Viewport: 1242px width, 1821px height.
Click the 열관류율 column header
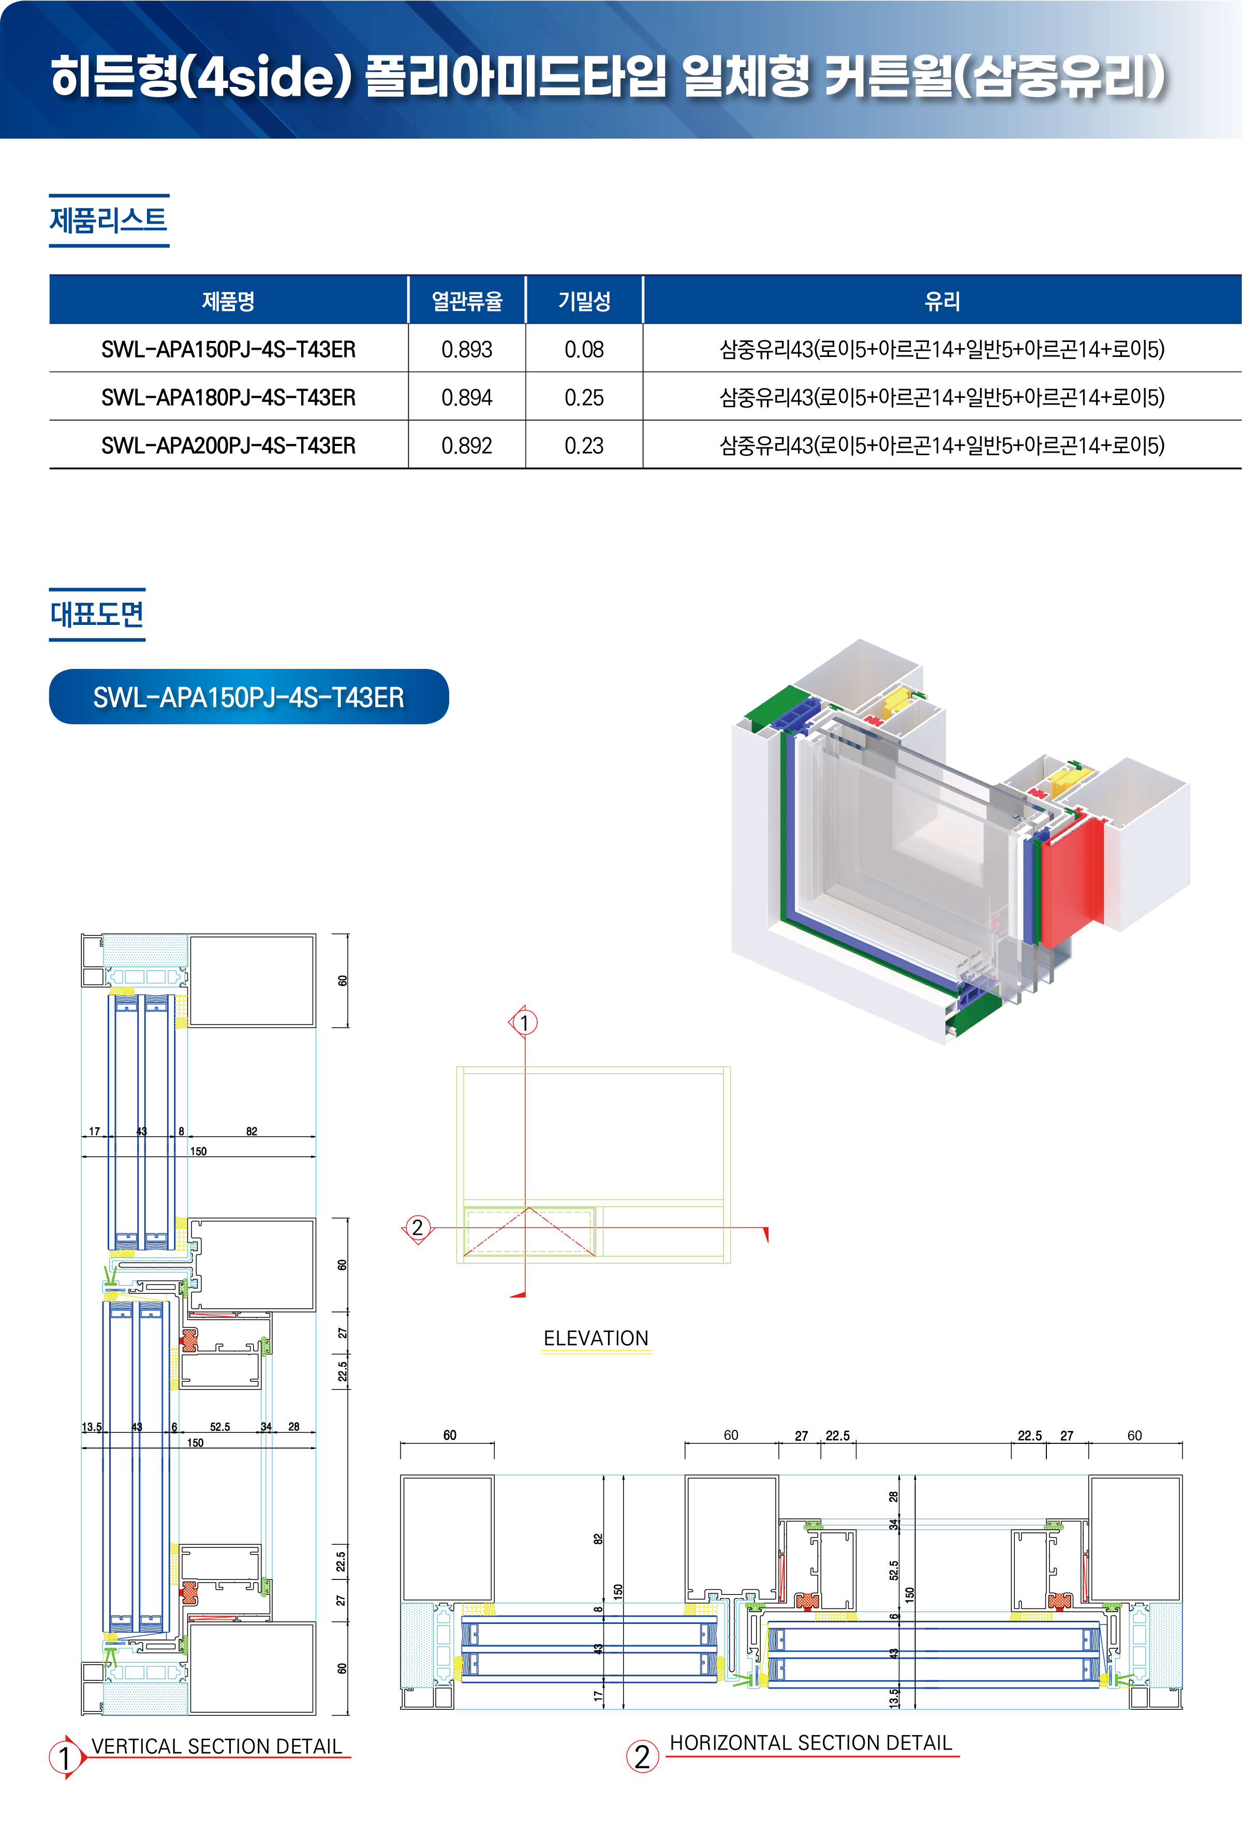pos(466,300)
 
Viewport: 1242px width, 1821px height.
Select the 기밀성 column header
pos(584,300)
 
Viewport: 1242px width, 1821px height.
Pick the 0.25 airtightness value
pos(584,397)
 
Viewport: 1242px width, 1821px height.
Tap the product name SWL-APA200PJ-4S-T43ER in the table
pos(228,445)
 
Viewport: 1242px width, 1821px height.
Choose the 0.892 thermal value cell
pos(466,445)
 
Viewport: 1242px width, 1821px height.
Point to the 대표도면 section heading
pos(97,614)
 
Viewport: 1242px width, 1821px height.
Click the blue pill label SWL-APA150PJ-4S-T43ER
pos(248,697)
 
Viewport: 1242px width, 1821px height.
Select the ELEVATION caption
pos(596,1337)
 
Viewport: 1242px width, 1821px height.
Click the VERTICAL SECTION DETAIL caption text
pos(216,1746)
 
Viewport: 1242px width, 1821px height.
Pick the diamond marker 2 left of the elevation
pos(418,1227)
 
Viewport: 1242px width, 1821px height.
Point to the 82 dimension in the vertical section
pos(252,1131)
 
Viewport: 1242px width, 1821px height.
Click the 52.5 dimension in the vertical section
pos(219,1426)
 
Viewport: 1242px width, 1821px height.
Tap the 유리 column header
pos(941,300)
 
